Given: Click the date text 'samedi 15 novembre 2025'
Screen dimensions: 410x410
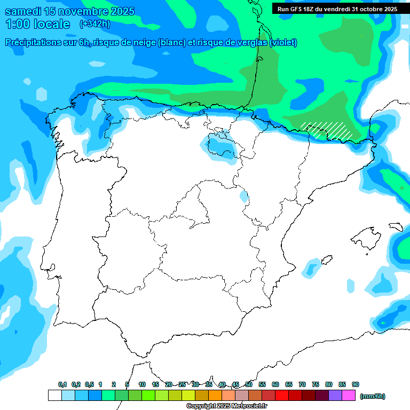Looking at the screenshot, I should tap(69, 11).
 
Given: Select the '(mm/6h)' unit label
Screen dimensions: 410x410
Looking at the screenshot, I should tap(373, 396).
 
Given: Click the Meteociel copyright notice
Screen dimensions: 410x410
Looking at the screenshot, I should tap(227, 406).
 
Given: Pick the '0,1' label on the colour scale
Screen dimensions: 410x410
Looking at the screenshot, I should tap(62, 384).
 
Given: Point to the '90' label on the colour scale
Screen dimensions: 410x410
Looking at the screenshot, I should tap(356, 384).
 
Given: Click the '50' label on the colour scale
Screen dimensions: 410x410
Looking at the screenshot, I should tap(249, 384).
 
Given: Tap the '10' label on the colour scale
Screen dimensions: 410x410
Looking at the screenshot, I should tap(142, 384).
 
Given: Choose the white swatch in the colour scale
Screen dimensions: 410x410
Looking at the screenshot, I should tap(54, 395).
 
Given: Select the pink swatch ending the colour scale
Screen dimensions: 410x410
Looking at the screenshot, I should tap(349, 395).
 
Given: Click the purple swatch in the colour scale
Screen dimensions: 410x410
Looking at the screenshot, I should tap(335, 395).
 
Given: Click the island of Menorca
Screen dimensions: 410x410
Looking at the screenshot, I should tap(396, 227).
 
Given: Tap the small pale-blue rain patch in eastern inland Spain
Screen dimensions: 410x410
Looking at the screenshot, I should tap(244, 196).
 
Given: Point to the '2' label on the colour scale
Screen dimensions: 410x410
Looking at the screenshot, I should tap(114, 384).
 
